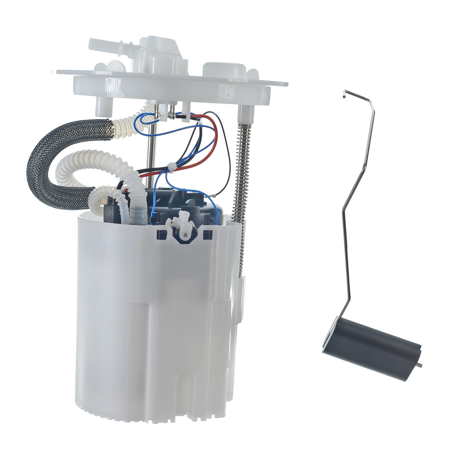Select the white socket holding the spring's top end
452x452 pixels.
(246, 111)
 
